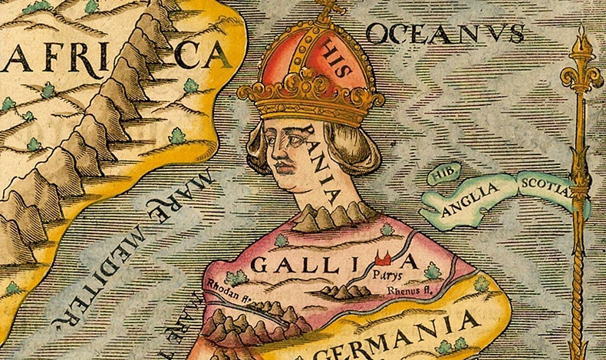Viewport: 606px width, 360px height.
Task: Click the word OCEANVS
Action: [445, 33]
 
